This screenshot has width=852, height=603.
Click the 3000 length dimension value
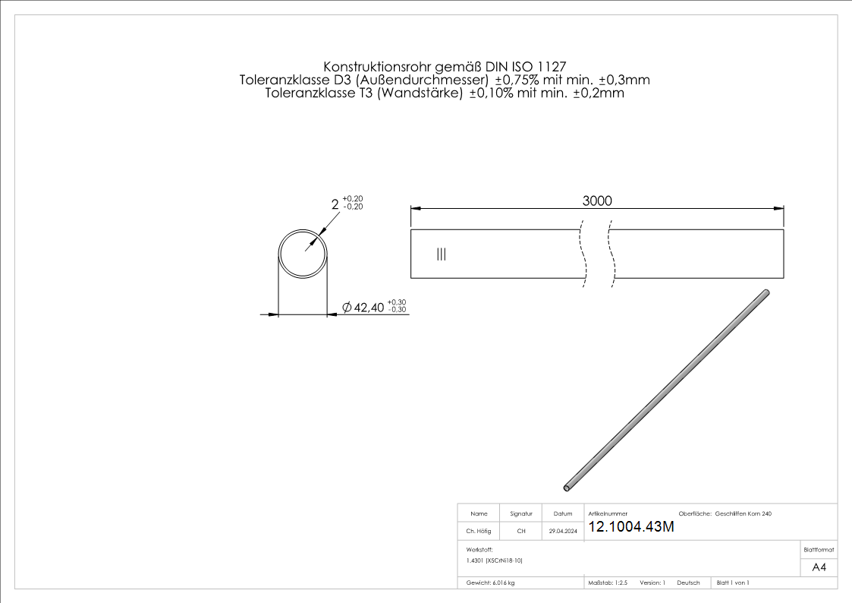click(597, 200)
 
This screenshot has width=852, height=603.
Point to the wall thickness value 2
click(335, 204)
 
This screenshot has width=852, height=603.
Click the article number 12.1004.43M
click(630, 528)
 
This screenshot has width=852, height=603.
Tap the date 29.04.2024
click(563, 532)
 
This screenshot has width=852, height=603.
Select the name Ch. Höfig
click(478, 532)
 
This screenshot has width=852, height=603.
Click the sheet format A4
click(819, 567)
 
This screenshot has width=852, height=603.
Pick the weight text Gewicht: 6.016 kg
click(491, 582)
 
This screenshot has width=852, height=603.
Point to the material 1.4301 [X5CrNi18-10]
click(495, 560)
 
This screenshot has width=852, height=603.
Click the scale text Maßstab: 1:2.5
click(608, 582)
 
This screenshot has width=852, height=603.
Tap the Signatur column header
click(521, 514)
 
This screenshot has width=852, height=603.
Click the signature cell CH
click(521, 532)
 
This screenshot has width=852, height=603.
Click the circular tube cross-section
click(303, 252)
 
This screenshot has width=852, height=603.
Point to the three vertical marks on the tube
click(442, 254)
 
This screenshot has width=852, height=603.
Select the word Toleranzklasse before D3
click(283, 80)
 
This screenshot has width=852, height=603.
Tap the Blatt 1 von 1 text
click(733, 582)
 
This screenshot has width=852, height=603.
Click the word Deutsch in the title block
click(688, 582)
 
